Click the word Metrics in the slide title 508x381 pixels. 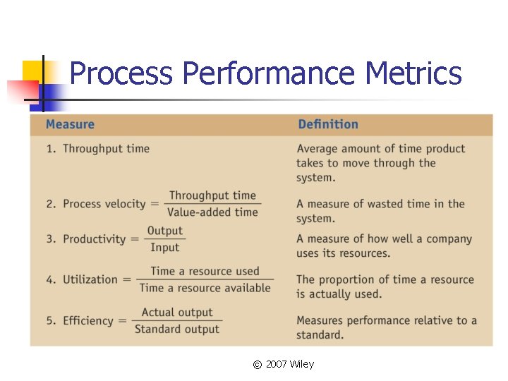pyautogui.click(x=413, y=74)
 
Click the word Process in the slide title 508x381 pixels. pyautogui.click(x=121, y=74)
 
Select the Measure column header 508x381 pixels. pyautogui.click(x=70, y=125)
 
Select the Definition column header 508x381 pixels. pyautogui.click(x=328, y=125)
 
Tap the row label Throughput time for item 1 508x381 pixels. pyautogui.click(x=106, y=149)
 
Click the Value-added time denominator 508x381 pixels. pyautogui.click(x=213, y=212)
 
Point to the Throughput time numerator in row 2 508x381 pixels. pyautogui.click(x=213, y=195)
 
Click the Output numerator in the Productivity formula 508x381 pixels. pyautogui.click(x=165, y=231)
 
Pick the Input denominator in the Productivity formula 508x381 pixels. pyautogui.click(x=165, y=248)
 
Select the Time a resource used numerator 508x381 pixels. pyautogui.click(x=205, y=271)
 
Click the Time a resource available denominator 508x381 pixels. pyautogui.click(x=205, y=288)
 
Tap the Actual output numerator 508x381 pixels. pyautogui.click(x=177, y=312)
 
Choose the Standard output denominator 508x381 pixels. pyautogui.click(x=177, y=329)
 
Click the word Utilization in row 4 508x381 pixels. pyautogui.click(x=90, y=279)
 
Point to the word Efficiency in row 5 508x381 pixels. pyautogui.click(x=87, y=321)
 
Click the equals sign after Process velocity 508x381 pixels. pyautogui.click(x=155, y=204)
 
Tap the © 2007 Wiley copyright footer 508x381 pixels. pyautogui.click(x=284, y=364)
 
